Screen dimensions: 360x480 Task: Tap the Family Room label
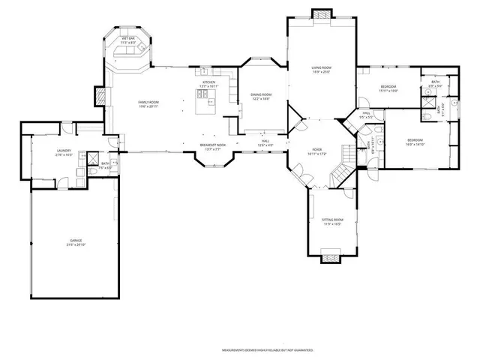pos(148,103)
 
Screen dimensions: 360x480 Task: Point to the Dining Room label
pos(261,96)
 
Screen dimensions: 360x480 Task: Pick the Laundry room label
pos(64,152)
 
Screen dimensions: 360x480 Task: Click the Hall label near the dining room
pos(265,142)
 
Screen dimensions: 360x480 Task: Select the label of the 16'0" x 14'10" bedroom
pos(415,142)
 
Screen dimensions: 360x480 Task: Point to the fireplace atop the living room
pos(320,14)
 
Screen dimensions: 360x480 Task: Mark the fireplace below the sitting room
pos(331,259)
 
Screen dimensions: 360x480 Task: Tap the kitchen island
pos(205,108)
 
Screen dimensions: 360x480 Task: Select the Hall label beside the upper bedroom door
pos(367,115)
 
